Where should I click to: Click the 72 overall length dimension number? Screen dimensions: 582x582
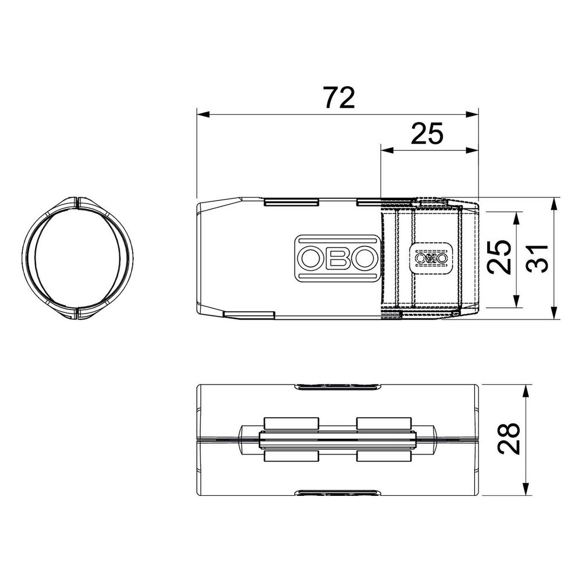coord(339,98)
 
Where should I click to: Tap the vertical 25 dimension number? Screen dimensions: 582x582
coord(499,257)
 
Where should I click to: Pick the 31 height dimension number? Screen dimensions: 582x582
coord(537,258)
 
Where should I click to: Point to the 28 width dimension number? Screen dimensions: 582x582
coord(509,438)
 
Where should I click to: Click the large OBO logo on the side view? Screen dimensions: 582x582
coord(338,258)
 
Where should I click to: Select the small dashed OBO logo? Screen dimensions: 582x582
coord(431,258)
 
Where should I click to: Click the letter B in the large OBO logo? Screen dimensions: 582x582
coord(338,258)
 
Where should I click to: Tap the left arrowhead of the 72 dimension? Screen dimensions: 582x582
coord(203,114)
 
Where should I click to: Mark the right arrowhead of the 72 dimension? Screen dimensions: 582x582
coord(471,114)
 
